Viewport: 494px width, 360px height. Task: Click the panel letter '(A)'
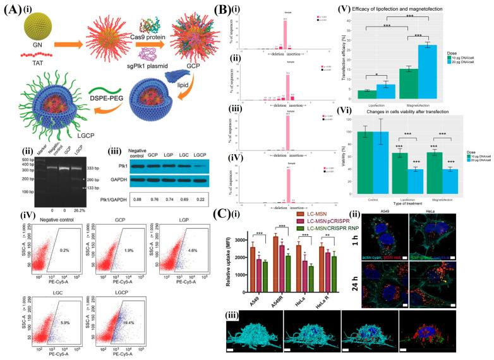pyautogui.click(x=14, y=8)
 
